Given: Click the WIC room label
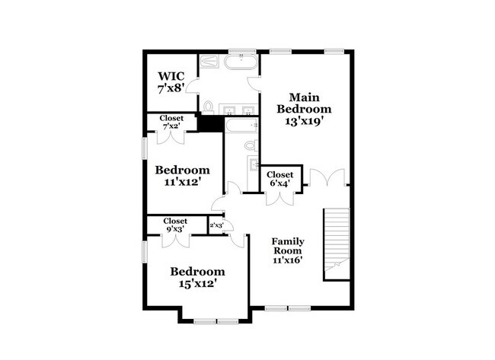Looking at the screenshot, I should tap(171, 82).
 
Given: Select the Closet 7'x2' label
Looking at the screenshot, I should tap(171, 122).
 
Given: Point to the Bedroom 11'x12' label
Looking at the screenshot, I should tap(182, 175).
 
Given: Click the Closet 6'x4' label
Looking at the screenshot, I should tap(280, 179).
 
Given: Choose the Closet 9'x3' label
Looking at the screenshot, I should tap(175, 225).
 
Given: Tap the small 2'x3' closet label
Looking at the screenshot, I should tap(216, 225).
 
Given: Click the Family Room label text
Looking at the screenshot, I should tap(288, 250).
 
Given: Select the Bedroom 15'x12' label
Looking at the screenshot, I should tap(197, 276).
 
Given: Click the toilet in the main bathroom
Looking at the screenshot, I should tap(209, 106).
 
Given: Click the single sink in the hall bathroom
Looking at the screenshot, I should tap(253, 164).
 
